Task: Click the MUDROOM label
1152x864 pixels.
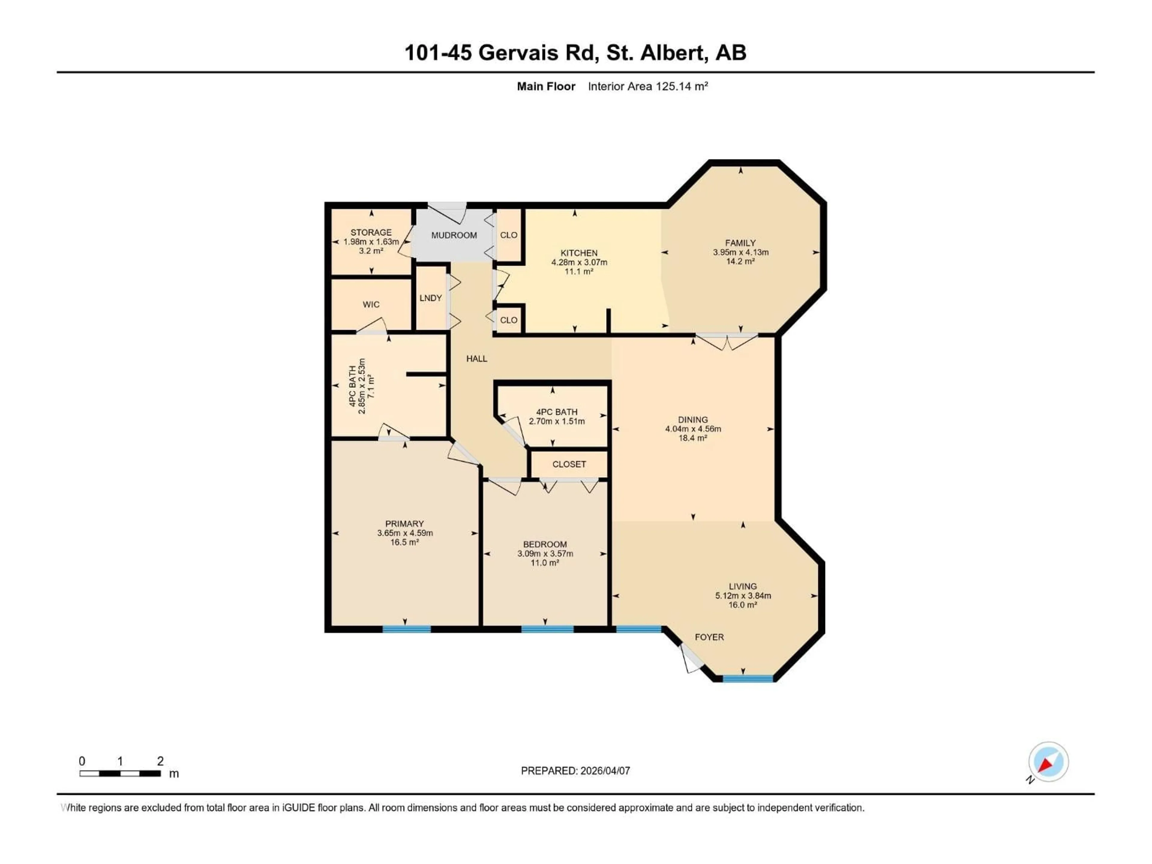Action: point(454,235)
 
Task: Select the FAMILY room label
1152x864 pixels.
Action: point(740,243)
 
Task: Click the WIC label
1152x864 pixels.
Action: point(371,305)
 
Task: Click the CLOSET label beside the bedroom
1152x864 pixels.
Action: point(569,464)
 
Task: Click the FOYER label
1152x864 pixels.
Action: point(709,637)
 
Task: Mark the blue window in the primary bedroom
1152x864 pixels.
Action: point(406,629)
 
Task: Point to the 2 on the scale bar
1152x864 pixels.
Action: point(160,761)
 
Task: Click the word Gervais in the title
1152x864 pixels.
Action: point(518,52)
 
